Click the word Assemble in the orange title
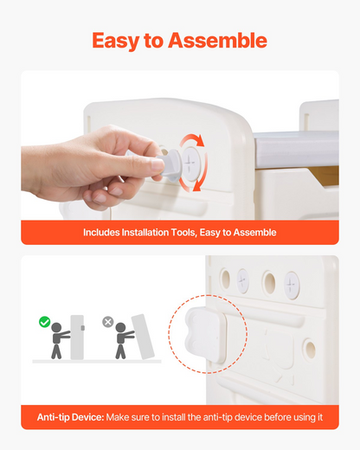(217, 41)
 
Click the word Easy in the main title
(116, 42)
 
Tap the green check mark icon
(44, 322)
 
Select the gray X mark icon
(108, 322)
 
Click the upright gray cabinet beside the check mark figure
(77, 337)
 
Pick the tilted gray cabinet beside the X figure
(143, 337)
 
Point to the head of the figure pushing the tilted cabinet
(120, 328)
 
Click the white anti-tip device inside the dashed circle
(205, 335)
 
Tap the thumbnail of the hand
(157, 165)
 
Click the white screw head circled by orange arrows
(190, 164)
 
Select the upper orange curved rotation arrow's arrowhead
(199, 141)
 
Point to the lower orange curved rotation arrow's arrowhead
(197, 186)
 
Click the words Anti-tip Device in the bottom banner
(70, 417)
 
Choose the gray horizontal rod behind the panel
(296, 149)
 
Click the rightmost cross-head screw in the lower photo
(292, 285)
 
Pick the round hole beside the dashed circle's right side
(310, 349)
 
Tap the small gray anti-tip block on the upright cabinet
(83, 328)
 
